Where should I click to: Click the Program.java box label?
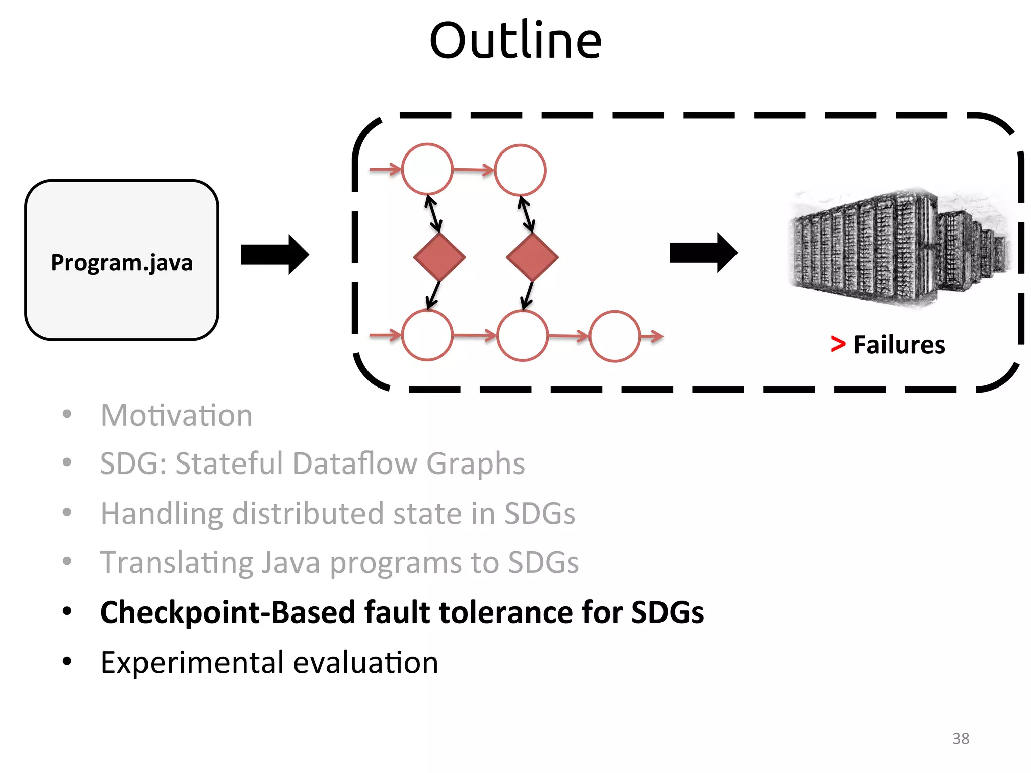click(122, 263)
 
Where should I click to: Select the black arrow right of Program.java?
click(274, 254)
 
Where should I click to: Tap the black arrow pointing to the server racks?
click(703, 253)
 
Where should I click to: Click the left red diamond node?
click(439, 257)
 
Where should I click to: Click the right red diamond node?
click(532, 257)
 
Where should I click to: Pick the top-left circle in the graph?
click(427, 170)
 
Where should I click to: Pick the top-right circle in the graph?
click(520, 170)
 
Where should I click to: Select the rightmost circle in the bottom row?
click(614, 336)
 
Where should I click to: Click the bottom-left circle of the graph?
click(427, 335)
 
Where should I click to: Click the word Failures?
click(899, 345)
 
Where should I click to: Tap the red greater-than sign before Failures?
click(838, 344)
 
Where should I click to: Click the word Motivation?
click(176, 416)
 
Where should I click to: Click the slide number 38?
click(961, 738)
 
